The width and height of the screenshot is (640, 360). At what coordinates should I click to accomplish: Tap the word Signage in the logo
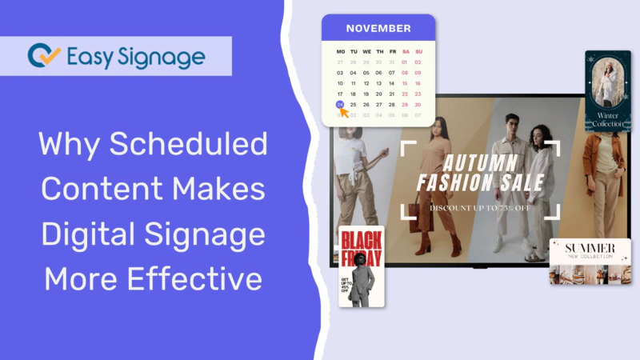click(x=164, y=56)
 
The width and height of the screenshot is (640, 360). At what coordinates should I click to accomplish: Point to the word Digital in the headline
click(x=87, y=235)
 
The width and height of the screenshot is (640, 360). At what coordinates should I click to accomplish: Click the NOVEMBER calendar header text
click(x=378, y=28)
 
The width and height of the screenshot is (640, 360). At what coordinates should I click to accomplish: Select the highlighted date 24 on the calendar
click(x=340, y=104)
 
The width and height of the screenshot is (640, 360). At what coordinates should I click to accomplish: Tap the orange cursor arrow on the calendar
click(x=345, y=113)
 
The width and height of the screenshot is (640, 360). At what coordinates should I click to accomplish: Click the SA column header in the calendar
click(x=405, y=51)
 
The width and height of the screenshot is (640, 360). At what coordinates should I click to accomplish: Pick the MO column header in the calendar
click(x=340, y=51)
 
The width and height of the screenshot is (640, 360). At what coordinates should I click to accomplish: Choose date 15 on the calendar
click(x=405, y=83)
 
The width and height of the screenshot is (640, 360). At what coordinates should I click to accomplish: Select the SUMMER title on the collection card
click(x=590, y=248)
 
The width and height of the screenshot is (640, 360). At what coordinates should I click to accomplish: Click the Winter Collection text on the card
click(x=608, y=119)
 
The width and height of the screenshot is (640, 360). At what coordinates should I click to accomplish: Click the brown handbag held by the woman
click(x=414, y=210)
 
